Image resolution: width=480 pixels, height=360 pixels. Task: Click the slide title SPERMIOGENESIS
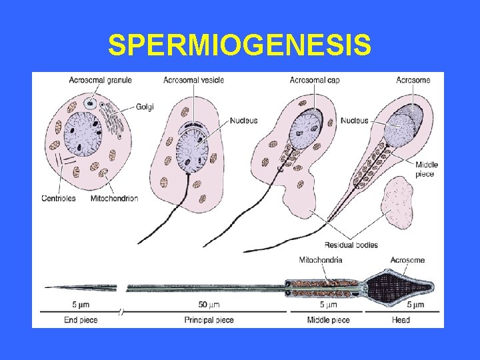pyautogui.click(x=239, y=45)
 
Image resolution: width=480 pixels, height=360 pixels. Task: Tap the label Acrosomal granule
pyautogui.click(x=100, y=80)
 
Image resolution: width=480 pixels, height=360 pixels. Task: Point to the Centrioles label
pyautogui.click(x=59, y=199)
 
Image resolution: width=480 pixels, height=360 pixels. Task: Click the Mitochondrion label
pyautogui.click(x=114, y=199)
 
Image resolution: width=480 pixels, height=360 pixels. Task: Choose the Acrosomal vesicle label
pyautogui.click(x=193, y=80)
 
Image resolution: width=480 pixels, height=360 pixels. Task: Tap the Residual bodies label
pyautogui.click(x=351, y=244)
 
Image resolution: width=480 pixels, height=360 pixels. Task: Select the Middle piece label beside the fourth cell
pyautogui.click(x=425, y=170)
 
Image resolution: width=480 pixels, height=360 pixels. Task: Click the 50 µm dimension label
pyautogui.click(x=209, y=305)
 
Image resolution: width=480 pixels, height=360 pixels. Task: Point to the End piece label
pyautogui.click(x=81, y=320)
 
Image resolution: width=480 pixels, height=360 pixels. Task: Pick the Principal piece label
pyautogui.click(x=209, y=320)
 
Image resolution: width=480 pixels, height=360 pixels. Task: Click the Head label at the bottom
pyautogui.click(x=401, y=320)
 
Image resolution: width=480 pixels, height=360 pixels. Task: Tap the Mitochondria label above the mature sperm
pyautogui.click(x=321, y=260)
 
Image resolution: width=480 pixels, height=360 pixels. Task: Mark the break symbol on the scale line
pyautogui.click(x=121, y=311)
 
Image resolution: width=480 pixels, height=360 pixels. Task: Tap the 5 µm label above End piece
pyautogui.click(x=81, y=305)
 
